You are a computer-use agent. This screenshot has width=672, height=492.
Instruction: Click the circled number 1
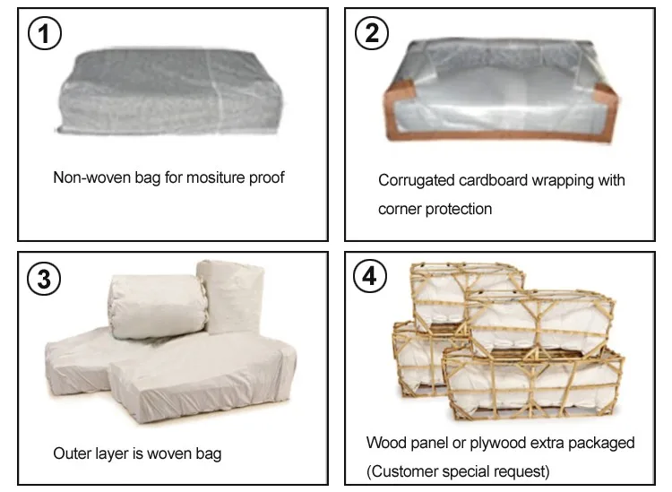coord(44,34)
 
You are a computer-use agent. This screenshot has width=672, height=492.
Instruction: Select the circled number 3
coord(44,278)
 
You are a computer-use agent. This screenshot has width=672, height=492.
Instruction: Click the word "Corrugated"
coord(415,180)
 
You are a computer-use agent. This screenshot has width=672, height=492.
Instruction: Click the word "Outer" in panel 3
coord(73,453)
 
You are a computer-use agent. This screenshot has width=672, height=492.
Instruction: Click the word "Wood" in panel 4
coord(384,443)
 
